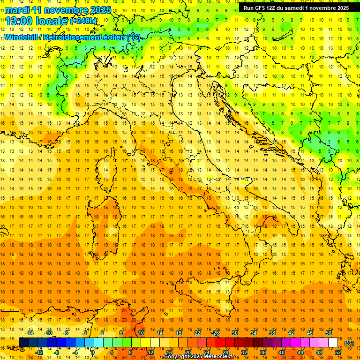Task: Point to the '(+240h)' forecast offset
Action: coord(83,21)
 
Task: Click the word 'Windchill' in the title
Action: coord(22,37)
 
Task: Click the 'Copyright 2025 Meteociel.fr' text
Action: coord(202,357)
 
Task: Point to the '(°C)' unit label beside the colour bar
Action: coord(349,343)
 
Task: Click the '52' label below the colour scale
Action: coord(338,352)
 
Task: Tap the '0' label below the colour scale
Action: coord(92,352)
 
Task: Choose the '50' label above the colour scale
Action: coord(328,333)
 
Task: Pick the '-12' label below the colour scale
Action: coord(39,352)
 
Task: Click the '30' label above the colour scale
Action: coord(234,333)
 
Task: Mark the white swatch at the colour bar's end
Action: coord(333,343)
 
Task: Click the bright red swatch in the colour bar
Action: coord(220,343)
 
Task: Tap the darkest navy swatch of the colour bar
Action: coord(23,343)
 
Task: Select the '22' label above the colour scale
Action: coord(197,333)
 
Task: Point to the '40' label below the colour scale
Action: coord(282,352)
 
